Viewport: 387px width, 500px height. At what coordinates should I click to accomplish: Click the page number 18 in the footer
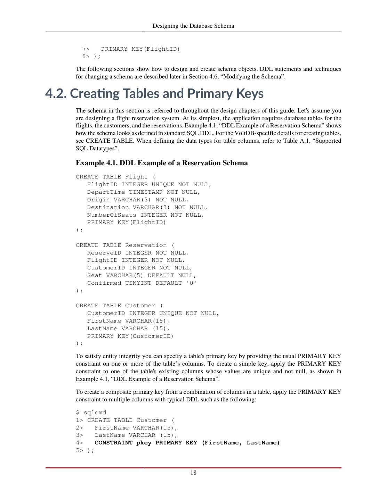[x=193, y=473]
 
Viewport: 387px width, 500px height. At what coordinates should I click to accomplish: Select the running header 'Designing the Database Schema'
[x=193, y=26]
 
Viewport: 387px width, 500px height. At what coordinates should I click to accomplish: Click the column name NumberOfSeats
[x=112, y=215]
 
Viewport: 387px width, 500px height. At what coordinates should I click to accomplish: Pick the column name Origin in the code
[x=98, y=200]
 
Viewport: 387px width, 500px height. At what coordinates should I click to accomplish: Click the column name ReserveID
[x=104, y=253]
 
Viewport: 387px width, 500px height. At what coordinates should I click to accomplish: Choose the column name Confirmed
[x=104, y=283]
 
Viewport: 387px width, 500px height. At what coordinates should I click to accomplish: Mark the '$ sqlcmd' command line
[x=91, y=412]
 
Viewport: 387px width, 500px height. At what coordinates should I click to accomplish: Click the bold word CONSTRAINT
[x=113, y=443]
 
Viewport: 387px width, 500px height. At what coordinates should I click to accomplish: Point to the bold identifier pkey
[x=144, y=443]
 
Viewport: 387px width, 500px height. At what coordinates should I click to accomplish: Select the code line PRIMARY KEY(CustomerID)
[x=130, y=336]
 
